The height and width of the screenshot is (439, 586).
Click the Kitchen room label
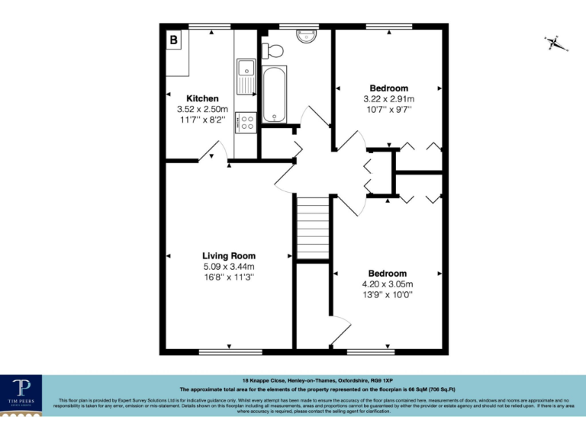tap(203, 99)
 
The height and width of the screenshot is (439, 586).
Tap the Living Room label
tap(229, 256)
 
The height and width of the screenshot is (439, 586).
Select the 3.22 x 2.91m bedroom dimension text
tap(389, 99)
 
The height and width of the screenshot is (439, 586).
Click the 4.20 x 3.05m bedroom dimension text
tap(388, 284)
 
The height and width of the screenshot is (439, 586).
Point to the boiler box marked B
tap(174, 40)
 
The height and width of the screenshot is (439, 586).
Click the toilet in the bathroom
tap(273, 50)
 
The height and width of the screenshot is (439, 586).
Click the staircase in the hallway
tap(312, 226)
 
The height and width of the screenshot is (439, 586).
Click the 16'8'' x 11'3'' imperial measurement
tap(229, 277)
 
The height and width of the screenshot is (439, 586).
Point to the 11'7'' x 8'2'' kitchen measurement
tap(203, 120)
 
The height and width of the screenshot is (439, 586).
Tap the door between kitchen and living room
tap(211, 156)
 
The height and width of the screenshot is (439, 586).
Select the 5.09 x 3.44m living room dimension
tap(229, 267)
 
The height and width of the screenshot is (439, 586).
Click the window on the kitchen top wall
tap(210, 27)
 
